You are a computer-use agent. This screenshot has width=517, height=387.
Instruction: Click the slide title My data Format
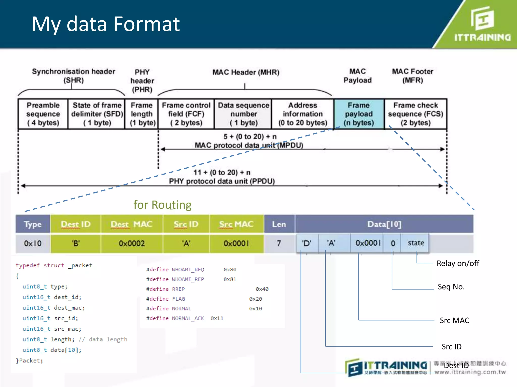pyautogui.click(x=106, y=24)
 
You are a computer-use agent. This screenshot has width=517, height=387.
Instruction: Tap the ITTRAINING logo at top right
pyautogui.click(x=482, y=24)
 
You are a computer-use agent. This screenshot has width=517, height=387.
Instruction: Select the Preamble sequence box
pyautogui.click(x=43, y=114)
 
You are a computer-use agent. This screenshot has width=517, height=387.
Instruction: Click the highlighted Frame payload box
pyautogui.click(x=359, y=114)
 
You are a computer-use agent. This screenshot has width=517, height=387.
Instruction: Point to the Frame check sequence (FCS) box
pyautogui.click(x=416, y=114)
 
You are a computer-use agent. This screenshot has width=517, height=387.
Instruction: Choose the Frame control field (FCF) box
pyautogui.click(x=186, y=114)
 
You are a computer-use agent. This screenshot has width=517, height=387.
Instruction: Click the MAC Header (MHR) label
pyautogui.click(x=246, y=72)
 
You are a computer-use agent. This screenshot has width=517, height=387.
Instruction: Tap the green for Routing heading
pyautogui.click(x=162, y=205)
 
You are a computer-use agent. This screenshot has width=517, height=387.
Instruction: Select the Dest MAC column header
pyautogui.click(x=132, y=224)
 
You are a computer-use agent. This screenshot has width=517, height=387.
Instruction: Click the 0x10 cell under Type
pyautogui.click(x=33, y=243)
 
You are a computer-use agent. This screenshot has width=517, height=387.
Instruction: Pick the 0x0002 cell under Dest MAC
pyautogui.click(x=132, y=243)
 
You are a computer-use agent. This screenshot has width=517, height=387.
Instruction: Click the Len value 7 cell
pyautogui.click(x=279, y=243)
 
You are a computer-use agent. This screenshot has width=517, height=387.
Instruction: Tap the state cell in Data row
pyautogui.click(x=416, y=243)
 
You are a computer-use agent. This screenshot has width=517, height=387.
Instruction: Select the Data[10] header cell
pyautogui.click(x=384, y=224)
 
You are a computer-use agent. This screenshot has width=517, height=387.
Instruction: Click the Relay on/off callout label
pyautogui.click(x=458, y=263)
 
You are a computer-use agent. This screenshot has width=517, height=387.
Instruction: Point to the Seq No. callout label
pyautogui.click(x=451, y=287)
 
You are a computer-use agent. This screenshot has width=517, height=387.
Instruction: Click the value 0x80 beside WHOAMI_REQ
pyautogui.click(x=230, y=270)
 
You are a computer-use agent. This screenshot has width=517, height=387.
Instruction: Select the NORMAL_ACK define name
pyautogui.click(x=188, y=318)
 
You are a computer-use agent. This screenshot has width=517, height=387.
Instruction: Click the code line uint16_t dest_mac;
pyautogui.click(x=54, y=308)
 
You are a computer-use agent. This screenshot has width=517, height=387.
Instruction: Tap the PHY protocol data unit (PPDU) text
pyautogui.click(x=222, y=181)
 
